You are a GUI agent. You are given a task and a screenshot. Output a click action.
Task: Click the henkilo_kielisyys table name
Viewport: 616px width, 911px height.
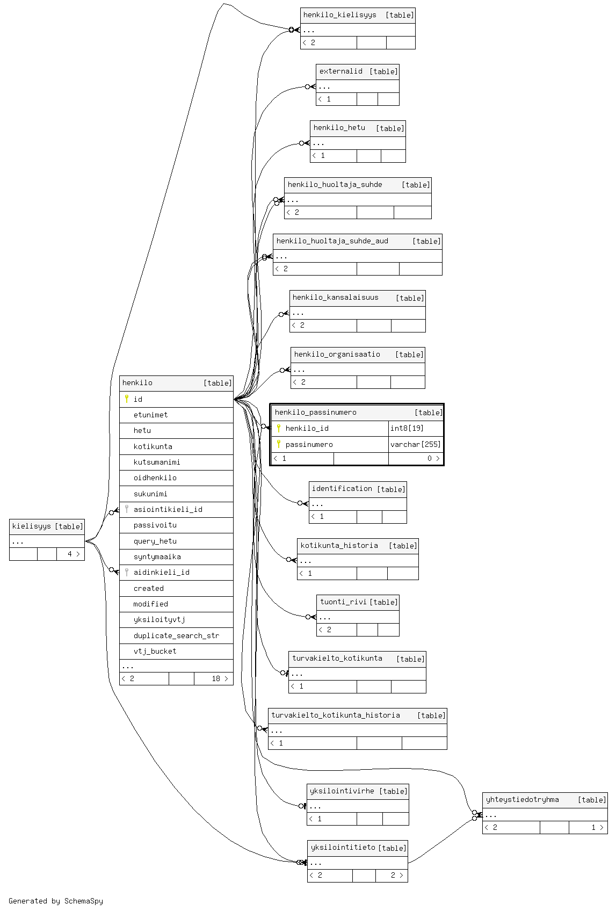(339, 15)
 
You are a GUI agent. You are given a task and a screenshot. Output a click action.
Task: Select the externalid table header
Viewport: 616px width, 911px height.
(340, 71)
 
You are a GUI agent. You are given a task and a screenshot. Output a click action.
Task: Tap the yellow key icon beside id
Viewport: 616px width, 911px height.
(127, 399)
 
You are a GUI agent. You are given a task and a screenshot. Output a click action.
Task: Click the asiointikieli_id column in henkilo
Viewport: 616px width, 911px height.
(168, 509)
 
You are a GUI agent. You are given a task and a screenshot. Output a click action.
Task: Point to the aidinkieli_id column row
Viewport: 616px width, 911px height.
(161, 572)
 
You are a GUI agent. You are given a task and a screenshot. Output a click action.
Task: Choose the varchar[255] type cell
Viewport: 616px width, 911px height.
(415, 444)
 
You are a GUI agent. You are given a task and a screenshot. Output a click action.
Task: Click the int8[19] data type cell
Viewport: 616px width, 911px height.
(407, 428)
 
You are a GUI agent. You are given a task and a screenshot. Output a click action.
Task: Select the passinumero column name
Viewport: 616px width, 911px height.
(309, 444)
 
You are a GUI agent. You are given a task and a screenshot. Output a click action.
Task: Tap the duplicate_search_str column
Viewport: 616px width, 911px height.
(176, 635)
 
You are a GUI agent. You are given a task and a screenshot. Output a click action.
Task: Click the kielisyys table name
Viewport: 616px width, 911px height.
(31, 526)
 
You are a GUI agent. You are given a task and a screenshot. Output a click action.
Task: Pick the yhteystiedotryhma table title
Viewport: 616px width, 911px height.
(522, 800)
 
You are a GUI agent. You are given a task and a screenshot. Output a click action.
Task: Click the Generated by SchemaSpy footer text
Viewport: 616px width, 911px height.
(56, 901)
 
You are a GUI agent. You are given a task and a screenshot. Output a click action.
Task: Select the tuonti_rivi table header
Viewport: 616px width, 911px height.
(343, 602)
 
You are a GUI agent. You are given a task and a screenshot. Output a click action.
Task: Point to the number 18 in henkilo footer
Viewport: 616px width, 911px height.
(215, 678)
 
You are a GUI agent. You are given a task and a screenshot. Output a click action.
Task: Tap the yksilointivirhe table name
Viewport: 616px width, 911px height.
(342, 791)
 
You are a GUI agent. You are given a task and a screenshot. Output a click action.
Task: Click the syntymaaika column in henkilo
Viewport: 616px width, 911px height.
(157, 556)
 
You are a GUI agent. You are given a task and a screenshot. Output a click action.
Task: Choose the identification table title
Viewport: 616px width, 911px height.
(342, 489)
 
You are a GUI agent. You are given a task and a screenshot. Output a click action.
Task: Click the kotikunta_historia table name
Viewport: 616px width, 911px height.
(339, 546)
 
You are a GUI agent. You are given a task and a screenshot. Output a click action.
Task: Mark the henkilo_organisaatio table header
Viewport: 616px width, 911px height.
(337, 355)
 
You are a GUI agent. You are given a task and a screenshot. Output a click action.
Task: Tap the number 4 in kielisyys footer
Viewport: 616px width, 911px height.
(69, 554)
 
